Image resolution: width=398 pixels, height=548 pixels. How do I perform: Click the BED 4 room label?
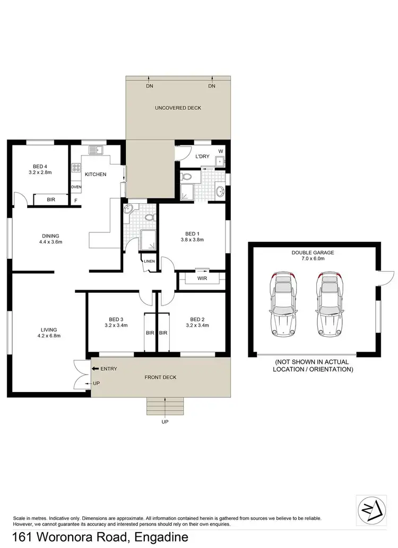[40, 166]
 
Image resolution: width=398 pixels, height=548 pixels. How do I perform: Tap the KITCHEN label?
[96, 175]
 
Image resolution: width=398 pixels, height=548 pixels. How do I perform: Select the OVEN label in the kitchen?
[76, 187]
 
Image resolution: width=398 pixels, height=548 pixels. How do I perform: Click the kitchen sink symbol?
[96, 150]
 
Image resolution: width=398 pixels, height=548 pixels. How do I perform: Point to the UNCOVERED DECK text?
[178, 108]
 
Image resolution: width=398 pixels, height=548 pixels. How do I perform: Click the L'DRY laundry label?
[202, 156]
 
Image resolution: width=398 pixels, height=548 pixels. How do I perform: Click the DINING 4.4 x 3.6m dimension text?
[51, 242]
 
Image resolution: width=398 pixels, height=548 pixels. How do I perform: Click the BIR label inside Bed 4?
[51, 201]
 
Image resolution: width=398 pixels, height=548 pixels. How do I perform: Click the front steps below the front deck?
[166, 407]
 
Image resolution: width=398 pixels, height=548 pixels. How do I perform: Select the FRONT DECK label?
[160, 377]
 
